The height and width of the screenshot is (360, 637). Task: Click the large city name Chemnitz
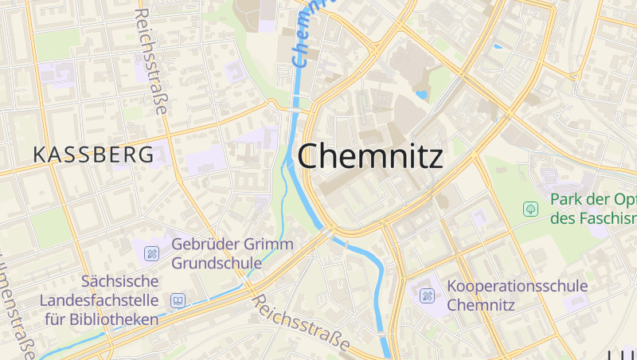pyautogui.click(x=370, y=156)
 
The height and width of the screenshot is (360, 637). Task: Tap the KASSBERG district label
pyautogui.click(x=93, y=155)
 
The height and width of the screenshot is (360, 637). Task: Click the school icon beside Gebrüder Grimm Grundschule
pyautogui.click(x=151, y=253)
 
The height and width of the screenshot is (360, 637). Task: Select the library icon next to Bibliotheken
pyautogui.click(x=178, y=300)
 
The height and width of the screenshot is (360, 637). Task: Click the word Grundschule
pyautogui.click(x=217, y=263)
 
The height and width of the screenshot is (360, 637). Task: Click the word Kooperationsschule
pyautogui.click(x=518, y=286)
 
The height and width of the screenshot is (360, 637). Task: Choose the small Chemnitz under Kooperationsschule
pyautogui.click(x=482, y=305)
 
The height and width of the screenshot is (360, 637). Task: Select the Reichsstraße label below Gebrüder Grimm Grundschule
pyautogui.click(x=302, y=323)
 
